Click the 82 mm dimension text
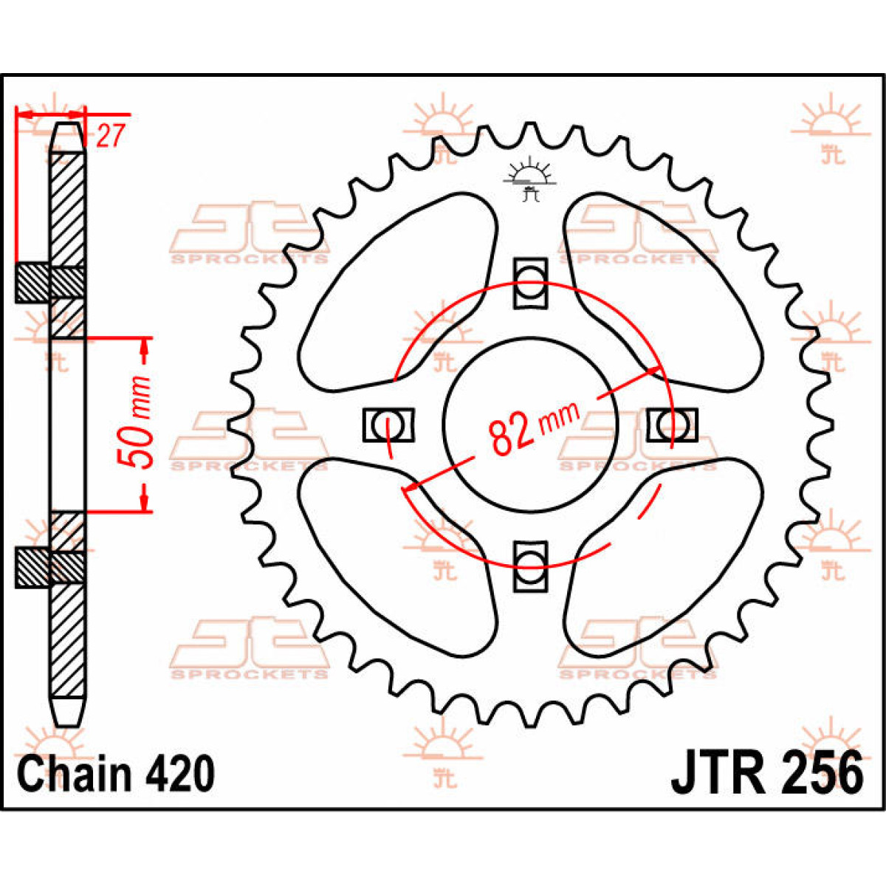[532, 427]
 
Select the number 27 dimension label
[109, 136]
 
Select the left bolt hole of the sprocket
[389, 425]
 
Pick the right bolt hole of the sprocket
[672, 425]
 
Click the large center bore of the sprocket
[530, 425]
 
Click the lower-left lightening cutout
[397, 557]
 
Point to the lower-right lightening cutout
[664, 557]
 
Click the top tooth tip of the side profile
[69, 124]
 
